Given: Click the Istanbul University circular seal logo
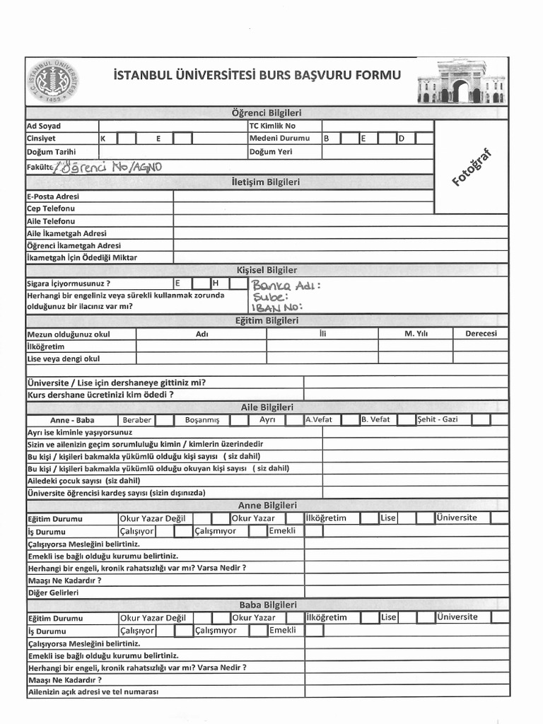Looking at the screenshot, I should pyautogui.click(x=57, y=81).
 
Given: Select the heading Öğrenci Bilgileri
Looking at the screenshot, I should pyautogui.click(x=266, y=113).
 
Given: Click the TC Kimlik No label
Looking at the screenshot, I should pyautogui.click(x=272, y=126).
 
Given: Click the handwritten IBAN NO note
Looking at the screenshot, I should pyautogui.click(x=276, y=308).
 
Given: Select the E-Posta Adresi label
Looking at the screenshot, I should pyautogui.click(x=53, y=197).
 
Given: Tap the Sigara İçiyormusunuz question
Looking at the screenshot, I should pyautogui.click(x=69, y=284).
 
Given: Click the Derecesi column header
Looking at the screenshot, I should pyautogui.click(x=481, y=334).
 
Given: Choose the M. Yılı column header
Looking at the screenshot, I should pyautogui.click(x=416, y=334).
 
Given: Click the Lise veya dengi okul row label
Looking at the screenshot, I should pyautogui.click(x=63, y=358).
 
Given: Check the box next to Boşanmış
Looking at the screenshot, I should pyautogui.click(x=239, y=420).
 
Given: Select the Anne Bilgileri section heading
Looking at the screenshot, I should pyautogui.click(x=267, y=505).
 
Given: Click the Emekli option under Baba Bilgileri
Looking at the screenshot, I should pyautogui.click(x=283, y=630).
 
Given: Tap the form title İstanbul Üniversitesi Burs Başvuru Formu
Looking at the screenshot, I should pyautogui.click(x=256, y=75).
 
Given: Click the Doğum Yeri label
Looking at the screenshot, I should pyautogui.click(x=270, y=151).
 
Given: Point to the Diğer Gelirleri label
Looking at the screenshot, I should pyautogui.click(x=52, y=592).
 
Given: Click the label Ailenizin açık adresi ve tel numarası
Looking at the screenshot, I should pyautogui.click(x=93, y=691).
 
